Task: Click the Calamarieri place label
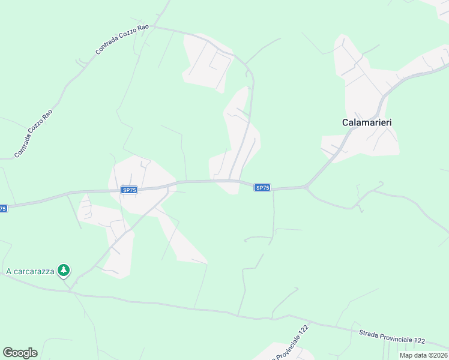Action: [367, 122]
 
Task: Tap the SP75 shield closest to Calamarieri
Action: [262, 188]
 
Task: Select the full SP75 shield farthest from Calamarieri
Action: [129, 190]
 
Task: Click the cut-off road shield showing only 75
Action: [3, 209]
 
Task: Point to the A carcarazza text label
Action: [30, 271]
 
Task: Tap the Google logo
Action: [20, 353]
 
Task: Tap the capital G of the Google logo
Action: [8, 353]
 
